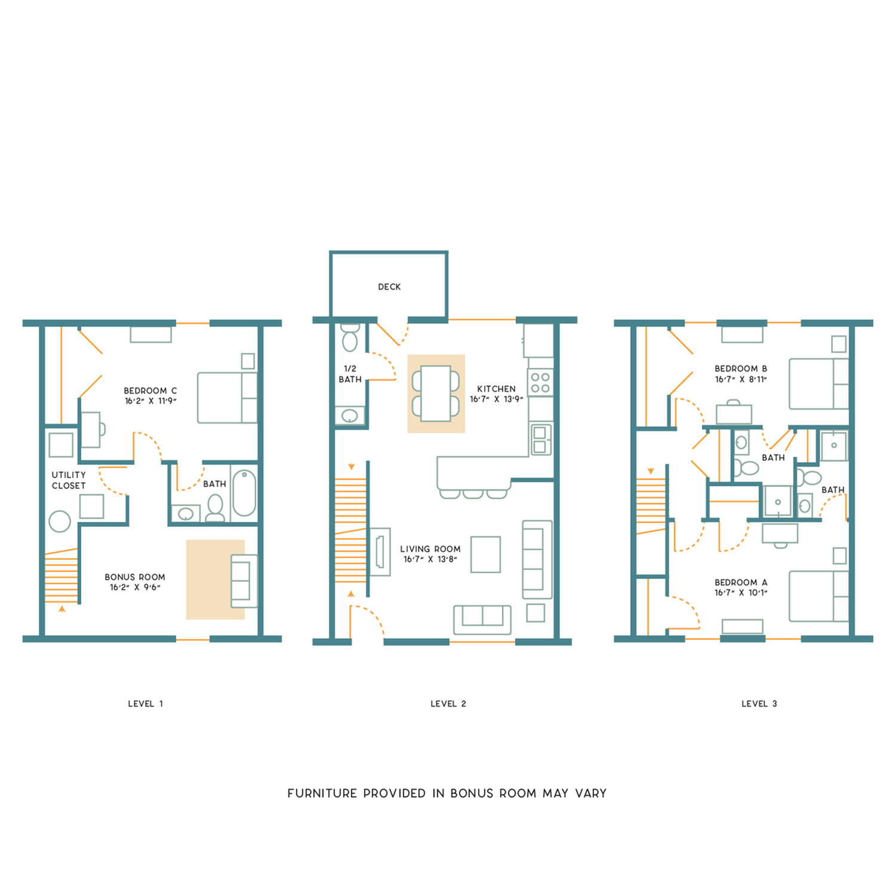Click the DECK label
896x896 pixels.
(x=389, y=287)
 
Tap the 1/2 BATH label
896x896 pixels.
(x=350, y=374)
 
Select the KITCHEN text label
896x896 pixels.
(x=496, y=388)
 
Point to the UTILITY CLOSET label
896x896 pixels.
(x=69, y=480)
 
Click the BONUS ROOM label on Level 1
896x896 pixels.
(x=135, y=577)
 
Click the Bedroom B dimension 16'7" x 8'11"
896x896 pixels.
(x=741, y=379)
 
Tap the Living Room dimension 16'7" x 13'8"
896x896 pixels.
(x=430, y=559)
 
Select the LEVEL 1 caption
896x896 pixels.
(x=145, y=704)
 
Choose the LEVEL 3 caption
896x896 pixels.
(x=759, y=704)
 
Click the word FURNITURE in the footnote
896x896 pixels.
(x=322, y=793)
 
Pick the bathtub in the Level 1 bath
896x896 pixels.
(x=244, y=493)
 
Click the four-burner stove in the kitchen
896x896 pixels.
(x=540, y=382)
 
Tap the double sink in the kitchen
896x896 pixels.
(x=541, y=439)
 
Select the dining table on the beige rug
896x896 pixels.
(x=436, y=394)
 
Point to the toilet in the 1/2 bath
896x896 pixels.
(x=350, y=339)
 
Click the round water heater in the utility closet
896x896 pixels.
(x=60, y=521)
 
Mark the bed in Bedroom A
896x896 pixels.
(x=818, y=596)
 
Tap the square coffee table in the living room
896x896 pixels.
(x=485, y=554)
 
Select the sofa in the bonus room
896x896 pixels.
(x=244, y=581)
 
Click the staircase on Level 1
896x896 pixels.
(x=61, y=577)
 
